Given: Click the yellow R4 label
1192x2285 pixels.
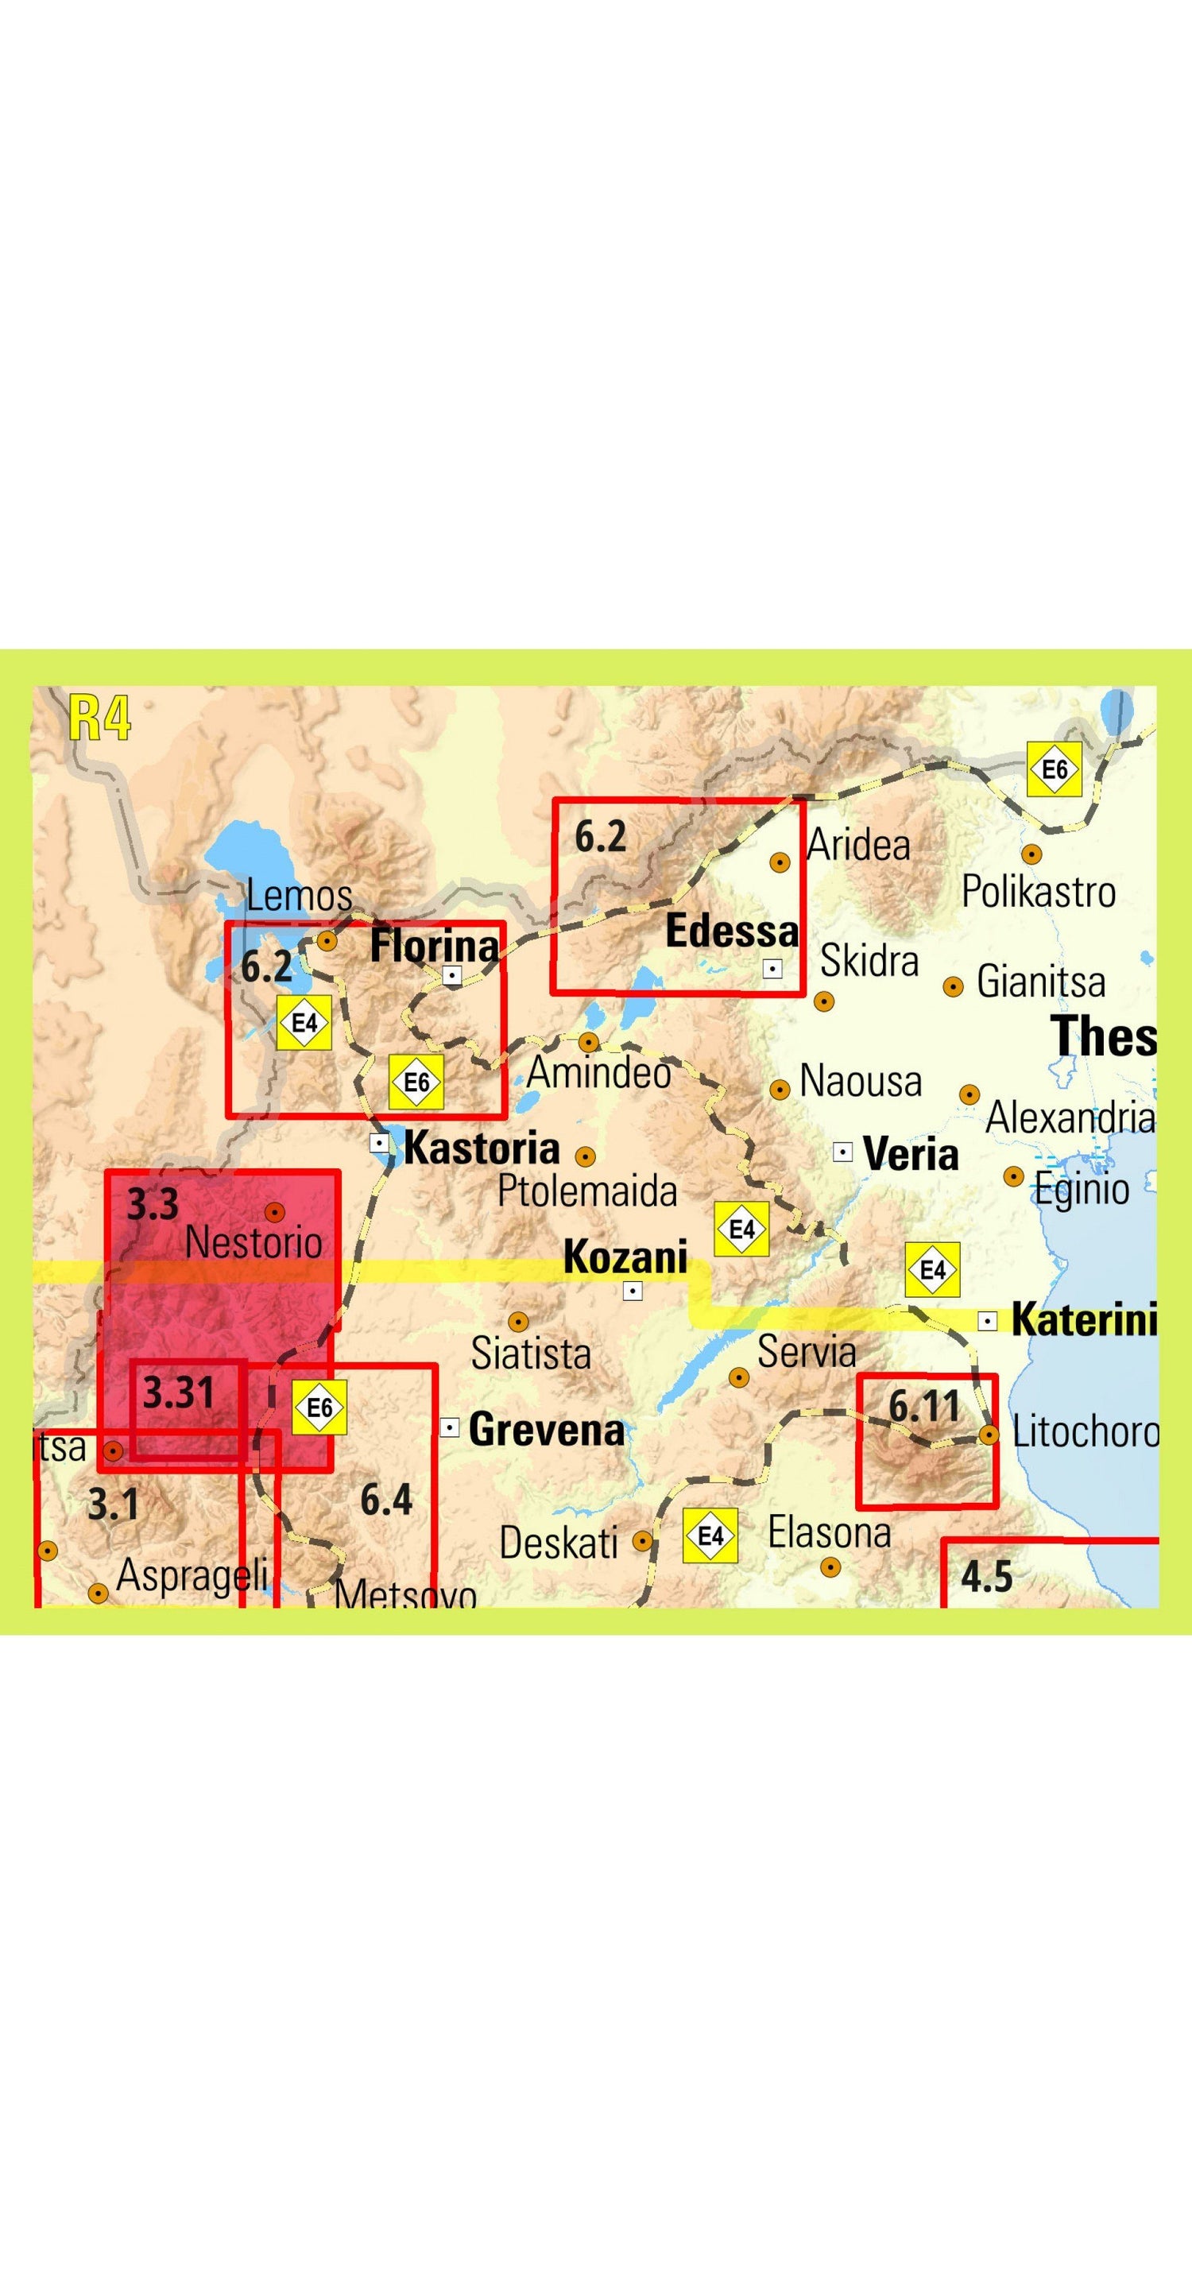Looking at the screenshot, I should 99,718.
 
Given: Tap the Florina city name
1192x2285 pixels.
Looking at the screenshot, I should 434,946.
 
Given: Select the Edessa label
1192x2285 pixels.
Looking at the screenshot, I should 732,931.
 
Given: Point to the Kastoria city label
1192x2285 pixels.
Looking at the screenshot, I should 482,1148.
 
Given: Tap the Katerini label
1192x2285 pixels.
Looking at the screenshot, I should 1084,1320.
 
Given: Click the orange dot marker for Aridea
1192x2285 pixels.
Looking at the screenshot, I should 780,862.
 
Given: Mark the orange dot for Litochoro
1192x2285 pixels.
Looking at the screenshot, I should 989,1435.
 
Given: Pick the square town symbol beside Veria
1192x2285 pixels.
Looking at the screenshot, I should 842,1152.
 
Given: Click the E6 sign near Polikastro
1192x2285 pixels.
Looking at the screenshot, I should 1055,769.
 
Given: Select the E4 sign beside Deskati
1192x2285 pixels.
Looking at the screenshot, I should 710,1536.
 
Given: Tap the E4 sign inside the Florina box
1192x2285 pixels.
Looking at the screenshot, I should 304,1023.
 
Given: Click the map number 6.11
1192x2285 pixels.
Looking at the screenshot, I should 924,1407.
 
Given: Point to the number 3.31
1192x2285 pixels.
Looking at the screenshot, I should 178,1393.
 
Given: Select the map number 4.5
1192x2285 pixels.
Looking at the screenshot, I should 986,1577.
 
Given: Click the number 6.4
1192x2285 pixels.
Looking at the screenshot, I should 385,1500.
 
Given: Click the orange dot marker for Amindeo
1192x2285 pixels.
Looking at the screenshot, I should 589,1041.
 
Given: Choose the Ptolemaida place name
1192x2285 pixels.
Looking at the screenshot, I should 587,1191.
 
